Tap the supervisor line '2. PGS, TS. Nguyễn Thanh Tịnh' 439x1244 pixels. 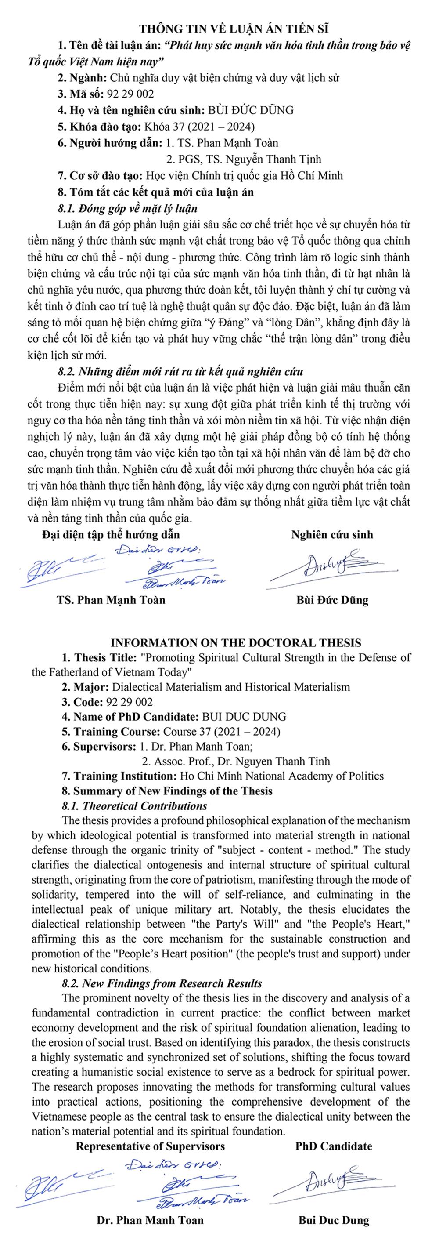243,159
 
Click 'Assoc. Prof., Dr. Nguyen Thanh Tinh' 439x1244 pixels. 242,761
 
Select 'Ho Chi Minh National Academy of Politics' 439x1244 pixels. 281,776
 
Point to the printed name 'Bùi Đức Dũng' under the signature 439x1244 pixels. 332,600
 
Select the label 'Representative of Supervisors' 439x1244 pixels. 150,1146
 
